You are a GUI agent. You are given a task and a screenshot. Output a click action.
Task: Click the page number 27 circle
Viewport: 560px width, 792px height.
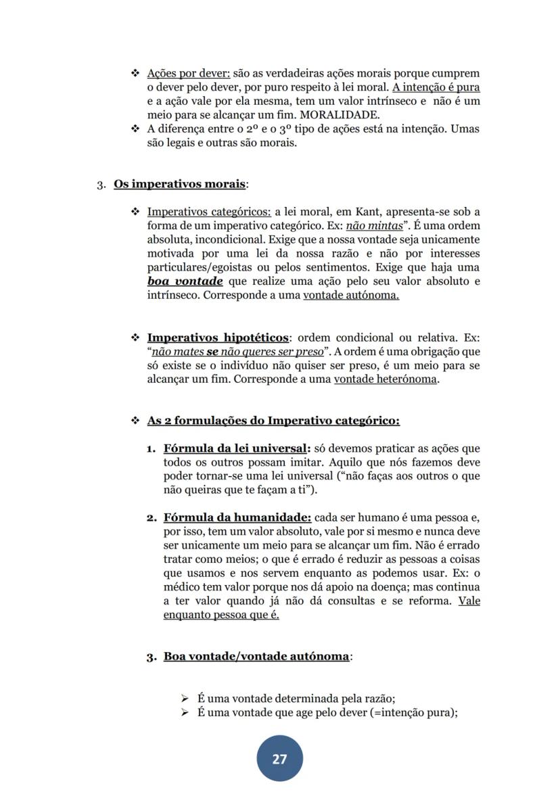point(279,759)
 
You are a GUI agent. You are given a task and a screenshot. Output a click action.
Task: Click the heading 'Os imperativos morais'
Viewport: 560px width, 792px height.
point(179,184)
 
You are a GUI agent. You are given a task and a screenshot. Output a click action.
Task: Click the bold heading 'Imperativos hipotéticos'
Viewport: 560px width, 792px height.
point(218,337)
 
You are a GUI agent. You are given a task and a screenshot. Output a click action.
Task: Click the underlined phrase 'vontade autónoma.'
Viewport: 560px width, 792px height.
point(351,296)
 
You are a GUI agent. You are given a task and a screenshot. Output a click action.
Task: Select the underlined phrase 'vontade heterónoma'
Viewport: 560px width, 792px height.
point(386,379)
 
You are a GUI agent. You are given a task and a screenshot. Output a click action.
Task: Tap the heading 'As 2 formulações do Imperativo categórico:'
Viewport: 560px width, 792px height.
point(273,421)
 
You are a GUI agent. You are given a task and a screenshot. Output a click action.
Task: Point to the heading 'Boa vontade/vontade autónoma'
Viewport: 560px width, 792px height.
point(257,656)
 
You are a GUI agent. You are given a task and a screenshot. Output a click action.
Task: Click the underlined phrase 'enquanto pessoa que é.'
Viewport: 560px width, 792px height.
point(221,615)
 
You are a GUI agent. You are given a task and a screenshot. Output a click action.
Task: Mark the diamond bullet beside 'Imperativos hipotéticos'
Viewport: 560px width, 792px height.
point(135,337)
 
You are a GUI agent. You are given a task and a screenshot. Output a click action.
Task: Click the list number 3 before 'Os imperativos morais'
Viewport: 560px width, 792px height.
point(100,185)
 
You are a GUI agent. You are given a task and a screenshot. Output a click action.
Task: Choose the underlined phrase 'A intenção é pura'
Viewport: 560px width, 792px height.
point(436,87)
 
